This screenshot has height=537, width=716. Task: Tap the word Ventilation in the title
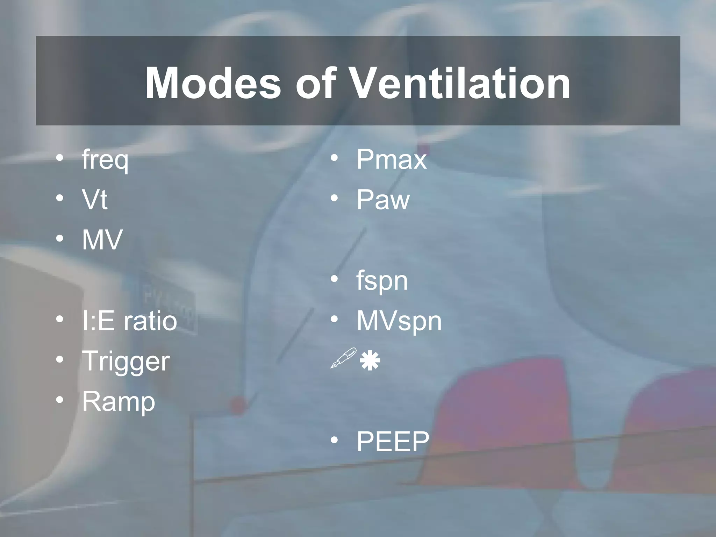[460, 84]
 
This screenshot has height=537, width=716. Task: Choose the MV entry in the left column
[102, 240]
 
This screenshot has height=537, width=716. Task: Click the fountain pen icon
[343, 358]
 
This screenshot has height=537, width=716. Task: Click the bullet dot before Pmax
[334, 158]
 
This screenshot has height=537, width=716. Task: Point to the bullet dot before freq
[60, 158]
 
